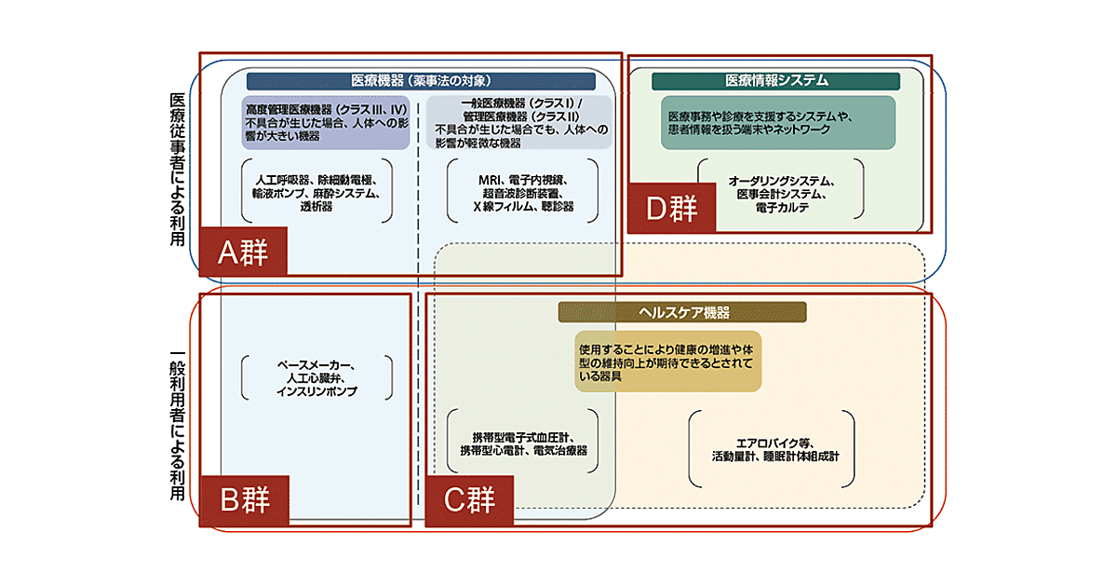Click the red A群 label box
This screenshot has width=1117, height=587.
tap(243, 252)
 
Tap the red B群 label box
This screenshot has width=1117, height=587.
tap(244, 500)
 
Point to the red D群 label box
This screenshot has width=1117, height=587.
tap(672, 207)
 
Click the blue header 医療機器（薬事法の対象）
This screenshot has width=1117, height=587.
tap(421, 81)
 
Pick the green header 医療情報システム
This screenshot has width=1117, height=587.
tap(775, 81)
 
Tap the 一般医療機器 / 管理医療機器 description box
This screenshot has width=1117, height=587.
tap(519, 122)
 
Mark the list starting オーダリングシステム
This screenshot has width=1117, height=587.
tap(781, 193)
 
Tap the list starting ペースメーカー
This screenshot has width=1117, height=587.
tap(316, 377)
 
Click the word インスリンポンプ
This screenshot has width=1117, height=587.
tap(316, 392)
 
